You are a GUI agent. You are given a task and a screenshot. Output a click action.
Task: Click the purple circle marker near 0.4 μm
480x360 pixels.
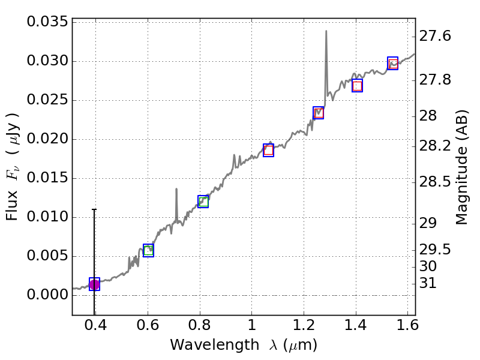coord(94,284)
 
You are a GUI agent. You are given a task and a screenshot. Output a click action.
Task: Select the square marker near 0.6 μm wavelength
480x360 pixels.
coord(148,250)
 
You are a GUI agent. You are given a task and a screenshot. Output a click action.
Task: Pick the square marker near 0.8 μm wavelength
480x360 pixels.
coord(203,201)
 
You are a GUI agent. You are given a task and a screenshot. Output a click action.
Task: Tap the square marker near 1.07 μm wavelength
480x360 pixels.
coord(268,150)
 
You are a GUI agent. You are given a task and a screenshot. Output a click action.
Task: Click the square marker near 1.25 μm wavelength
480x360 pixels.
coord(319,113)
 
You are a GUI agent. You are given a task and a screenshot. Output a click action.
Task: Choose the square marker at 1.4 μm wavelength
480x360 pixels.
coord(357,86)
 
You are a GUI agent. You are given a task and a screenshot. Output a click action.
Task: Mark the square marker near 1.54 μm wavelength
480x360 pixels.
coord(392,63)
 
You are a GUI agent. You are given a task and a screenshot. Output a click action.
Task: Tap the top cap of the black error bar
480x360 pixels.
coord(94,209)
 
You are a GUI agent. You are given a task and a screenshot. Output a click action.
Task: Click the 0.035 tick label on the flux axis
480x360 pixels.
coord(47,23)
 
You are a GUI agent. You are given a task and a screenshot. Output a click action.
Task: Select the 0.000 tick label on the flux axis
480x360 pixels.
coord(47,295)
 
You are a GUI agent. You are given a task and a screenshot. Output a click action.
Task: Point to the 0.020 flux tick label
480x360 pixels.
coord(47,140)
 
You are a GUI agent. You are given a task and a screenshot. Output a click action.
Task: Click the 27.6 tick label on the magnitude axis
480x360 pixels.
coord(435,37)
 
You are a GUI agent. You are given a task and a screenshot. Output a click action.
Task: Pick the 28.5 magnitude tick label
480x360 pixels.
coord(435,181)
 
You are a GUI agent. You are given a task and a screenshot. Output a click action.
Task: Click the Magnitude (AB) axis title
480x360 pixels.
coord(461,167)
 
